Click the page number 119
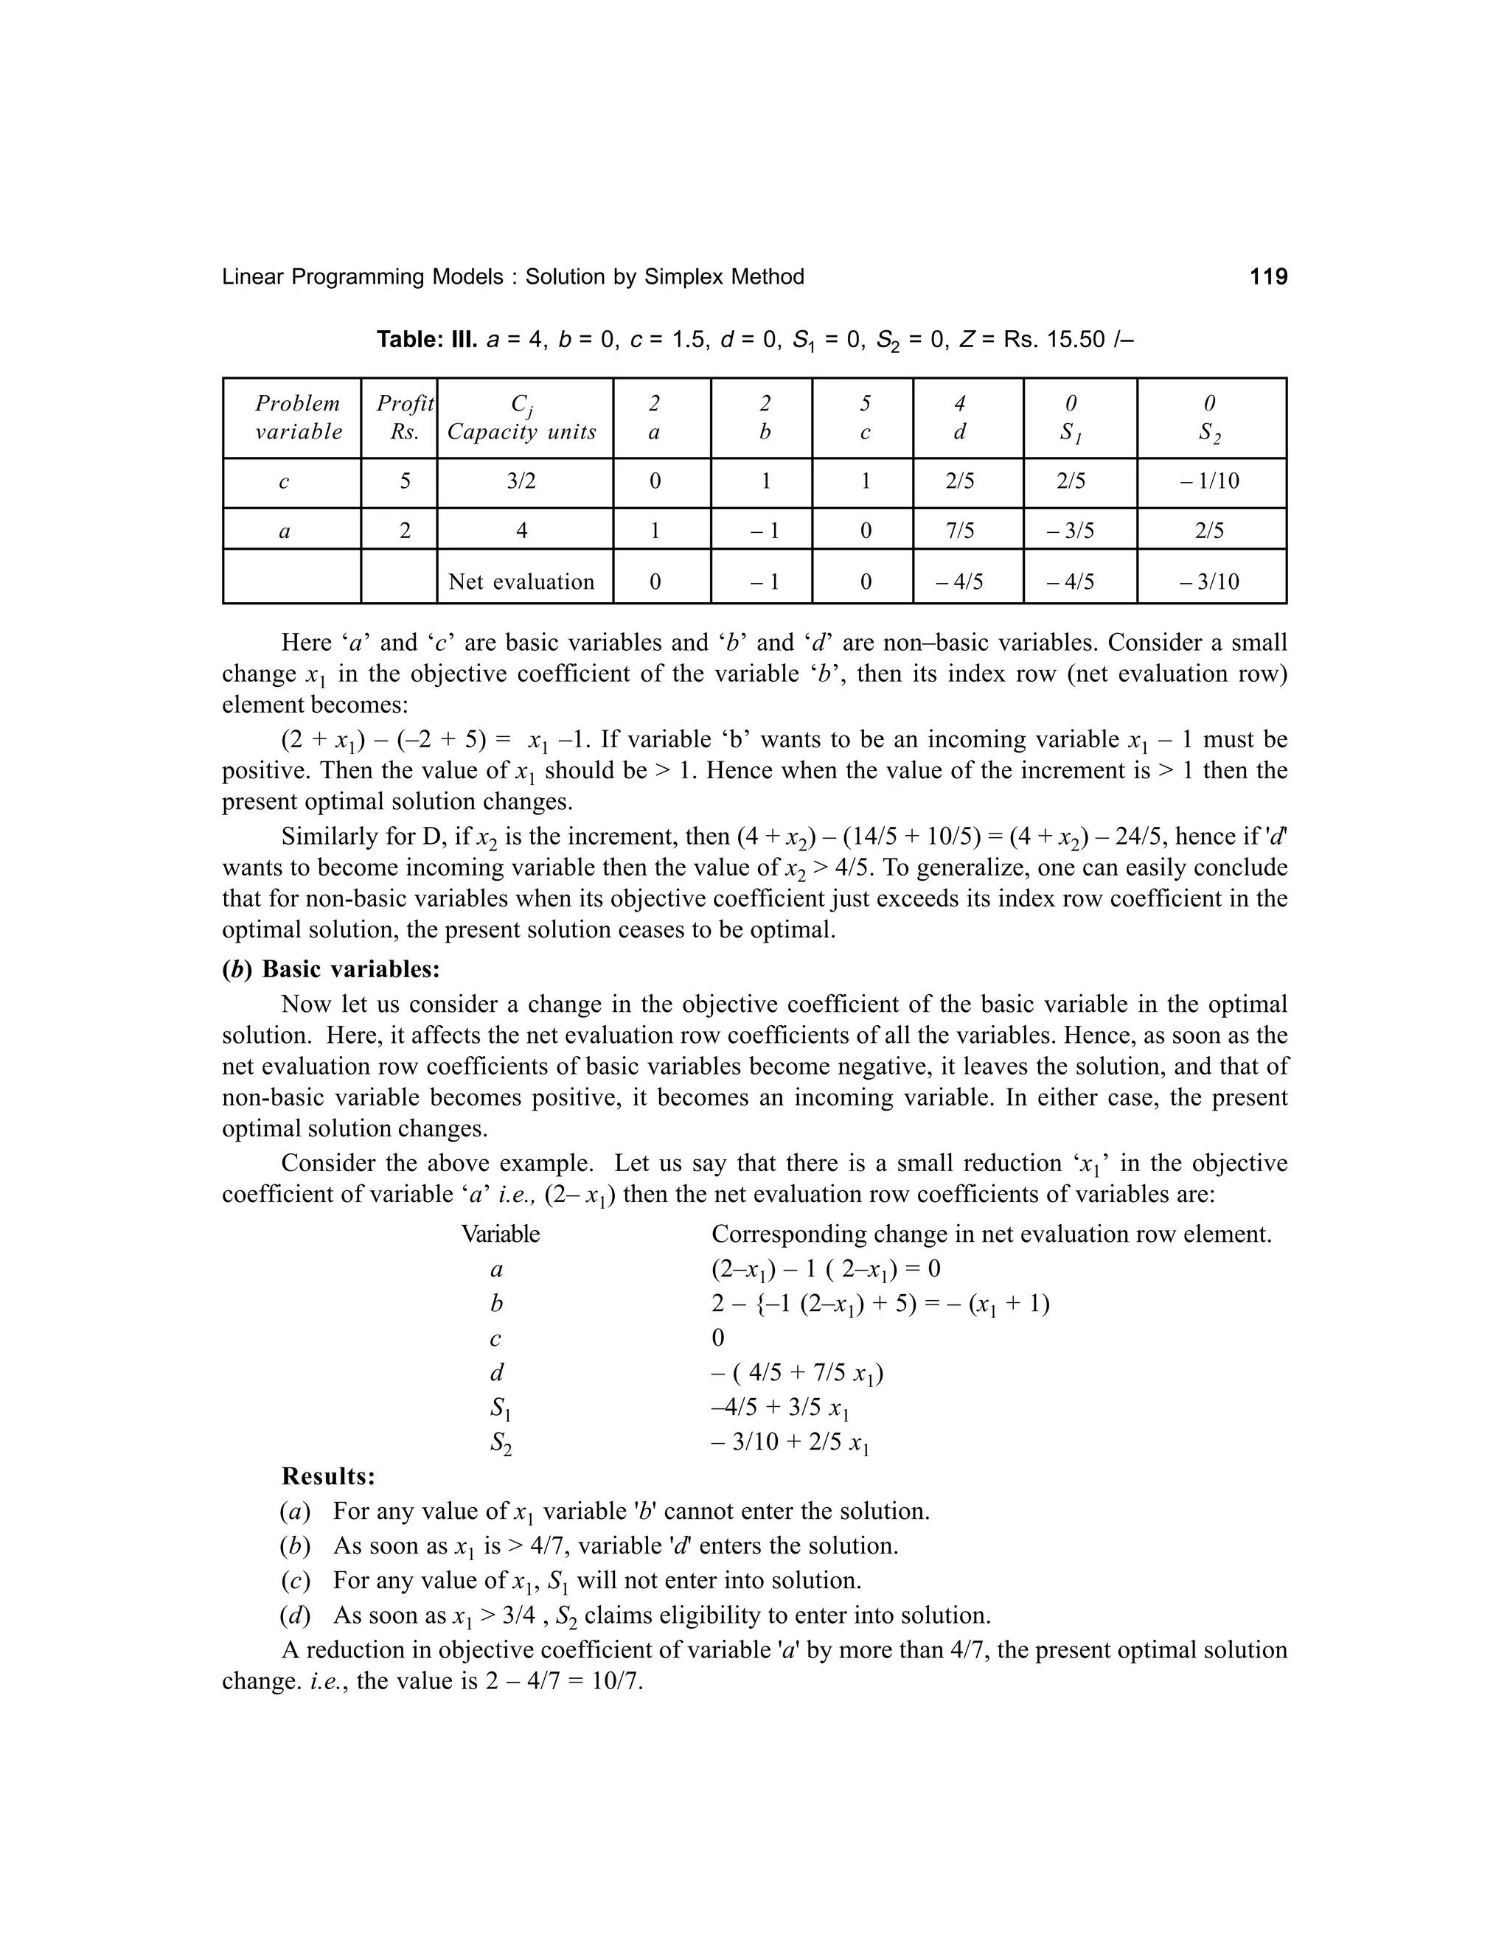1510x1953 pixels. pos(1267,277)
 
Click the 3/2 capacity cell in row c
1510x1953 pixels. pos(521,482)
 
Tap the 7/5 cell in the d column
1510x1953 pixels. pos(959,531)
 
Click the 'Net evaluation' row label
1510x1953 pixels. pos(521,582)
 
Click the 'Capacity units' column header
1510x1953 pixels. pos(521,432)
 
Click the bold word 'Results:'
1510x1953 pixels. pos(327,1475)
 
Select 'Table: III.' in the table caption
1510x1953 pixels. pos(427,340)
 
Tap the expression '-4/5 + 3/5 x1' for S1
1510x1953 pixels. pos(779,1408)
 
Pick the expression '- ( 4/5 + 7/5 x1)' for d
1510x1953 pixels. pos(797,1374)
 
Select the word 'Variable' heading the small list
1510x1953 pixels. pos(500,1235)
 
